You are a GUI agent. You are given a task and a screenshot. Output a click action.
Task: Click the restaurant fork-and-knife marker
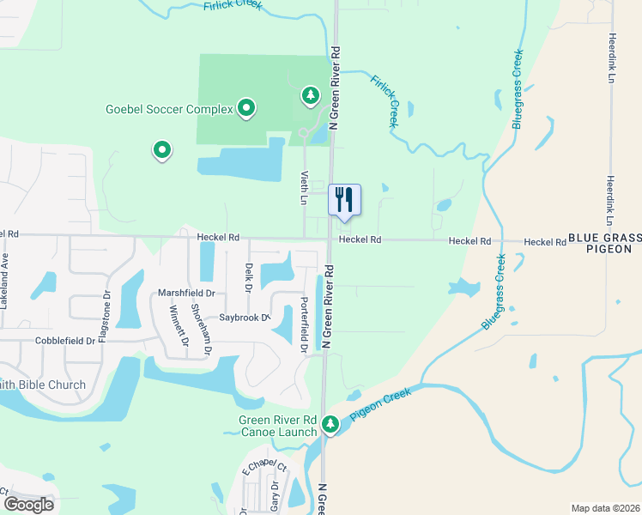[344, 200]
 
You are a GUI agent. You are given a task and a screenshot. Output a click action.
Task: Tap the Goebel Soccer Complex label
[168, 109]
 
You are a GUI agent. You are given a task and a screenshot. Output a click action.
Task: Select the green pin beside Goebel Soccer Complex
[246, 108]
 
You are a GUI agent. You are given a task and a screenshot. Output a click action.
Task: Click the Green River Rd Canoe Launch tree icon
[330, 423]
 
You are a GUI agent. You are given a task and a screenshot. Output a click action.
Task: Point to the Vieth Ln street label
[303, 187]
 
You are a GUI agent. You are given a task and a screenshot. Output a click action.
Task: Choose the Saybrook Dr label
[244, 317]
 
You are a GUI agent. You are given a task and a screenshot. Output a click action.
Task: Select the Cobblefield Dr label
[65, 341]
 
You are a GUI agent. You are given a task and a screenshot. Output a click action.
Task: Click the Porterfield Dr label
[303, 324]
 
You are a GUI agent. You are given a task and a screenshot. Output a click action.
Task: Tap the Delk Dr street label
[248, 277]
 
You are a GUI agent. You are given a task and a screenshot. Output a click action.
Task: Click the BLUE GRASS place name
[604, 236]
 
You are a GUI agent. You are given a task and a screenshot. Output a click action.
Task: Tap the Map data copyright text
[605, 508]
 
